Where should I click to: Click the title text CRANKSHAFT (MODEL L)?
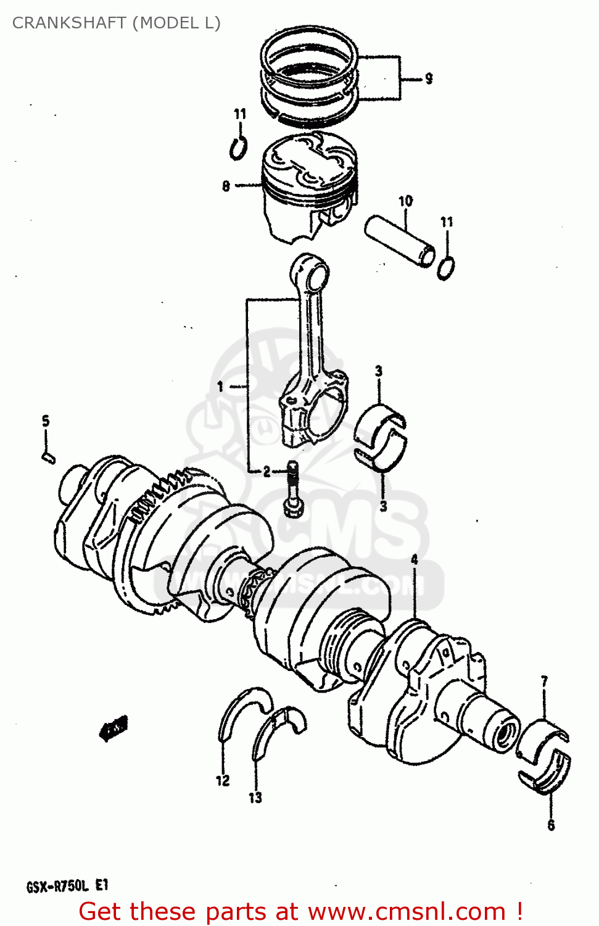coord(116,23)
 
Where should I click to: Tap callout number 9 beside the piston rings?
coord(428,78)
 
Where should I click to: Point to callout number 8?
coord(226,185)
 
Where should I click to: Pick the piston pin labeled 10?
coord(400,241)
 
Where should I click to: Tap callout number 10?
coord(405,201)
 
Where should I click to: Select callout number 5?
coord(46,421)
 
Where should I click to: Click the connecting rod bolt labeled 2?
coord(293,491)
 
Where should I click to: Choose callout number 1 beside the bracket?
coord(220,387)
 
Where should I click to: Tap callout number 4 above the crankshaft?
coord(415,559)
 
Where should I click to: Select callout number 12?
coord(223,781)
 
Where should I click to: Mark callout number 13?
coord(255,798)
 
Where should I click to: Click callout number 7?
coord(544,682)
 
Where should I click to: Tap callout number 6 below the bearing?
coord(551,825)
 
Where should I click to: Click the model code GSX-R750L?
coord(57,887)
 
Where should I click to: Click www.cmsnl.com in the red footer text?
coord(407,912)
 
